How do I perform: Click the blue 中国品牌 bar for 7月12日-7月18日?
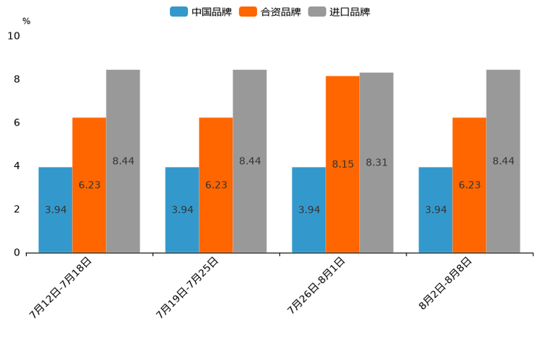(x=55, y=210)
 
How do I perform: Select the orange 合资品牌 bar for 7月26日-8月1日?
(x=343, y=164)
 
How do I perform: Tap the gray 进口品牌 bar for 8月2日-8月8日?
(x=503, y=161)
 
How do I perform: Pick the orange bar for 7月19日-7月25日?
(x=216, y=185)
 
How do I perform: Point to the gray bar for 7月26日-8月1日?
(x=377, y=163)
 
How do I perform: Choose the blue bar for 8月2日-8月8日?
(x=435, y=210)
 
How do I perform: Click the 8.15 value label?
(x=343, y=164)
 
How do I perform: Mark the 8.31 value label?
(x=377, y=163)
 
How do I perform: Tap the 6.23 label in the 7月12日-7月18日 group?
(x=89, y=185)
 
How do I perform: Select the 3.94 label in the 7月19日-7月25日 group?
(x=182, y=210)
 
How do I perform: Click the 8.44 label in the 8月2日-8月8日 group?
(x=503, y=161)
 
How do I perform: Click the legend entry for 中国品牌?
(x=201, y=12)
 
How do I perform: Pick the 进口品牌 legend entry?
(x=339, y=12)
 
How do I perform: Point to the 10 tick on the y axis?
(x=14, y=36)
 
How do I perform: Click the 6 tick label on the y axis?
(x=17, y=123)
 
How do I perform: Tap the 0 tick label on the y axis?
(x=17, y=253)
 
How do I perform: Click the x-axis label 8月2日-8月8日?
(x=445, y=284)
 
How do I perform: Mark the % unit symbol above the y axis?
(x=26, y=21)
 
